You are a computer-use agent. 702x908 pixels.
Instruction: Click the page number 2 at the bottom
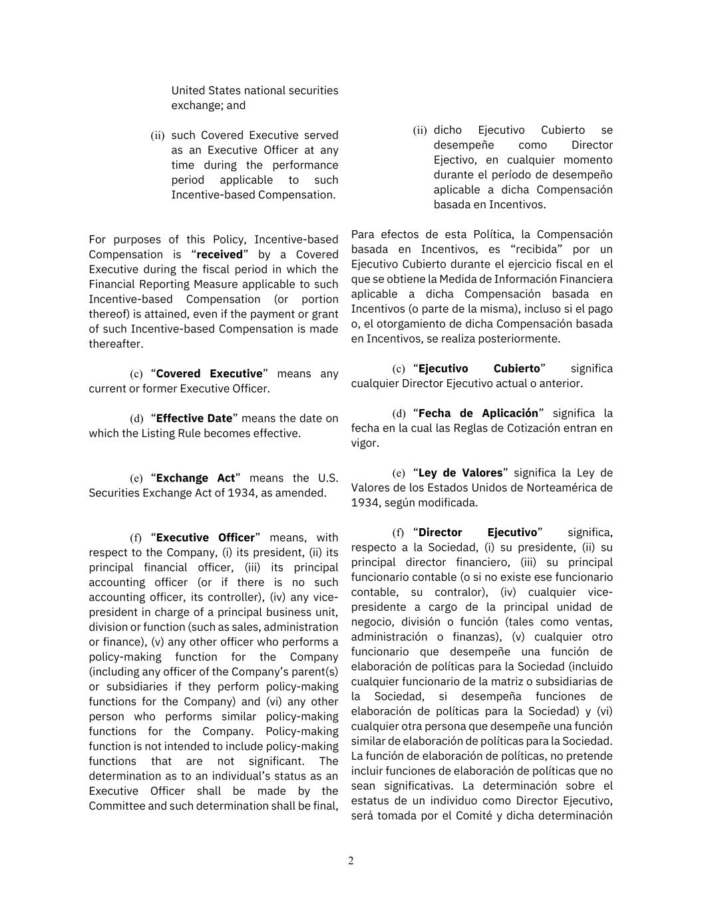[x=351, y=861]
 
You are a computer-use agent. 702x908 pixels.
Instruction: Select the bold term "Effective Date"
[x=194, y=418]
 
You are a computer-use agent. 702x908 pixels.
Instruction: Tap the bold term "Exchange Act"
[x=196, y=478]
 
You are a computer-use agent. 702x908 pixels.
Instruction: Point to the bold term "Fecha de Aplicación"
[x=478, y=413]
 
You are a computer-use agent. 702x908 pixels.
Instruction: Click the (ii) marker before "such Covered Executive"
[x=157, y=136]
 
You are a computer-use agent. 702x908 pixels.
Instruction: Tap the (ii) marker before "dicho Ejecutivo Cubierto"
[x=419, y=130]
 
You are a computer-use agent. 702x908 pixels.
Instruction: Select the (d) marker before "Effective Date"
[x=136, y=419]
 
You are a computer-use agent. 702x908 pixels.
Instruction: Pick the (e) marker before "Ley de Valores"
[x=399, y=474]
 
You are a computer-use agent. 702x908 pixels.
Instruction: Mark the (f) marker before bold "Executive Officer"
[x=136, y=538]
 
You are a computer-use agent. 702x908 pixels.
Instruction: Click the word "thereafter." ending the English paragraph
[x=116, y=344]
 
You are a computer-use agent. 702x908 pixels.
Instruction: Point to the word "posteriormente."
[x=521, y=339]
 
